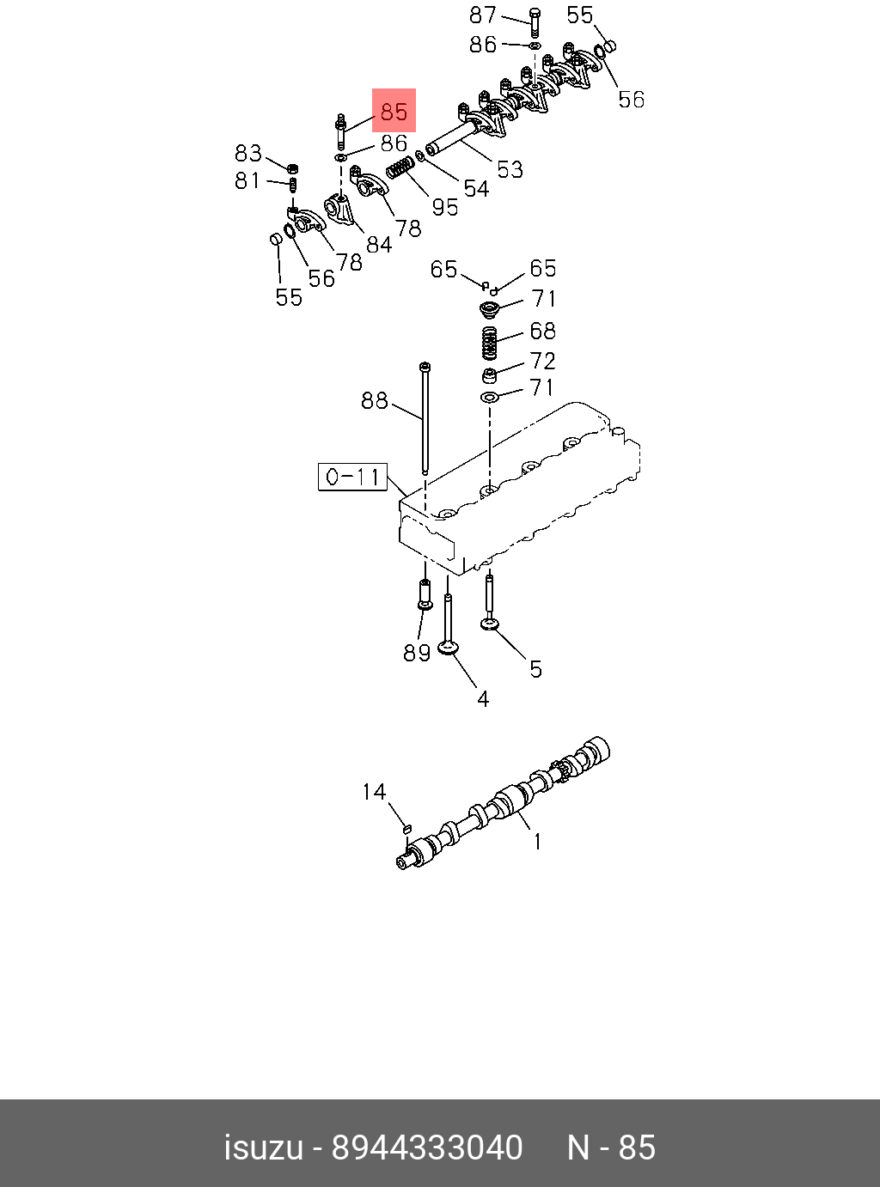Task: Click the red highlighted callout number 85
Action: (x=394, y=111)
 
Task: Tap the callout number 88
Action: (x=375, y=400)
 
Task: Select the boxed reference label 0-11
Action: (x=353, y=477)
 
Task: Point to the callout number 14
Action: (x=374, y=791)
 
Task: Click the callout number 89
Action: (x=417, y=653)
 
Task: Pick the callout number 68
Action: (x=542, y=331)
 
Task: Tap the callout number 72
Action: (x=542, y=360)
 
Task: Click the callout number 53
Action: (x=510, y=169)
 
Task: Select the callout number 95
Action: (x=444, y=206)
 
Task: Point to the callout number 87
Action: (x=483, y=15)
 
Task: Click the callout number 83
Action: (x=248, y=153)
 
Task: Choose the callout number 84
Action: (x=379, y=245)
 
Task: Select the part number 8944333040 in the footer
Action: (x=427, y=1147)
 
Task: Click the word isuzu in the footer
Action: (x=263, y=1147)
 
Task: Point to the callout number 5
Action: (x=535, y=669)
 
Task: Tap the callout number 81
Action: (x=247, y=180)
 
